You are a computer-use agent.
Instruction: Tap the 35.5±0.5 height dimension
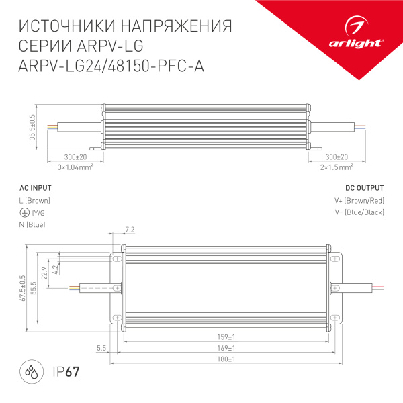[x=32, y=127]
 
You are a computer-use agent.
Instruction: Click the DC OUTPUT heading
[x=364, y=188]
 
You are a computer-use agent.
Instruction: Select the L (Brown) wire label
[x=34, y=200]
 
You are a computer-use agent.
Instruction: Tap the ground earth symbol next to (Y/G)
[x=24, y=212]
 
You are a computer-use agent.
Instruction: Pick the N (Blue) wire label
[x=32, y=224]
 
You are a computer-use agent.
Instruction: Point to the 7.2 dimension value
[x=130, y=230]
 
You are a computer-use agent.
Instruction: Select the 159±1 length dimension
[x=225, y=337]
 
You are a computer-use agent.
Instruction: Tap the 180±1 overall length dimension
[x=225, y=359]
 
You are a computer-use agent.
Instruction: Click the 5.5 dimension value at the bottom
[x=101, y=348]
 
